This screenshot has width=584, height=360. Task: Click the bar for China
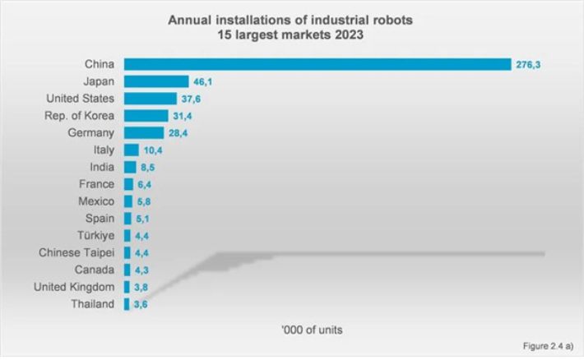(317, 63)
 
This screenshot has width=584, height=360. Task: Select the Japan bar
(156, 81)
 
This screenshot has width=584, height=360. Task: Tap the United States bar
(150, 98)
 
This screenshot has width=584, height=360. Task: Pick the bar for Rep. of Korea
(146, 115)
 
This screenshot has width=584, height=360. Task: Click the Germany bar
(143, 132)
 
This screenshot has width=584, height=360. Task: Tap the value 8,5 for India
(148, 167)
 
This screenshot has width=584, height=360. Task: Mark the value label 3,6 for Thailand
(142, 304)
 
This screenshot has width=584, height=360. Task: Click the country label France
(97, 184)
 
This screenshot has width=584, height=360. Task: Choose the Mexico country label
(96, 201)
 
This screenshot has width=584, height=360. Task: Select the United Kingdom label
(75, 287)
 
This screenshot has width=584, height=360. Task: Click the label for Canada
(96, 270)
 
